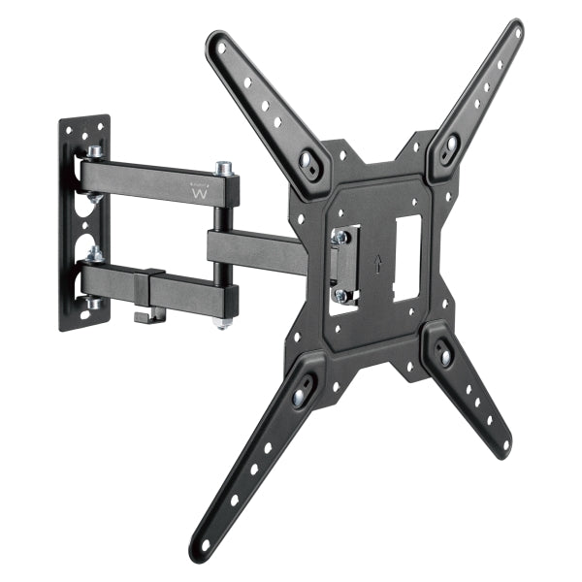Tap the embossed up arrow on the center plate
pos(376,263)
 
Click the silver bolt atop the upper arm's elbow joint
pos(223,170)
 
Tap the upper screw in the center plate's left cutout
pos(341,237)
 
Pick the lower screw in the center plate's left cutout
pos(340,295)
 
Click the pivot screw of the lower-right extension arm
pos(445,356)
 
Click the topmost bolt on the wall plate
pos(94,152)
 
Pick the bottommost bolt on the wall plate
pos(94,304)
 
